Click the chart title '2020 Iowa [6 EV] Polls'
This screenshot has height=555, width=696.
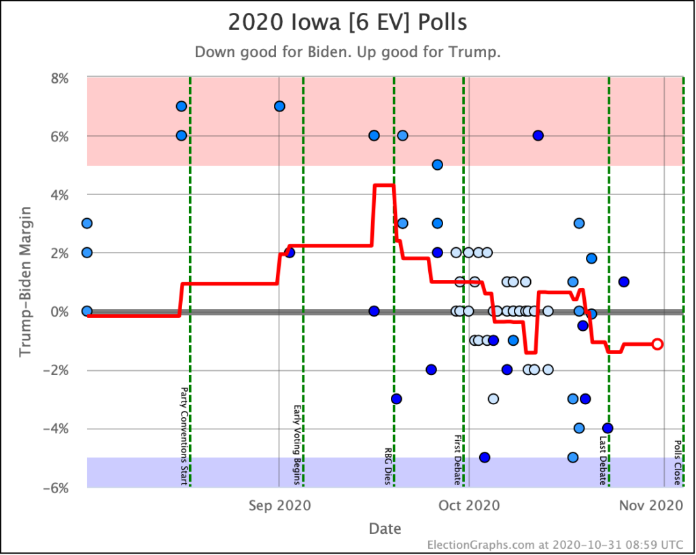click(x=347, y=22)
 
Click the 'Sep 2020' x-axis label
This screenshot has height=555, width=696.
click(x=279, y=505)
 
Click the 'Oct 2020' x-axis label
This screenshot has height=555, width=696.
click(x=468, y=505)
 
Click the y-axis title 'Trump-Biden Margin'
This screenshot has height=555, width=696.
click(x=25, y=282)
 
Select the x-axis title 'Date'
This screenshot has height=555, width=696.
click(x=385, y=529)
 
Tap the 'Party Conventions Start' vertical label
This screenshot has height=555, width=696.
click(x=184, y=436)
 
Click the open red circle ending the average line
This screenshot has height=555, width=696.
click(x=657, y=344)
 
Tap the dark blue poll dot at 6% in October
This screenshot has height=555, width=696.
click(x=538, y=135)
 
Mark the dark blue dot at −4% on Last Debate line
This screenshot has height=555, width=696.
click(x=608, y=428)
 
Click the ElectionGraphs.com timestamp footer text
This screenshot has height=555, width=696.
click(x=555, y=544)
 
